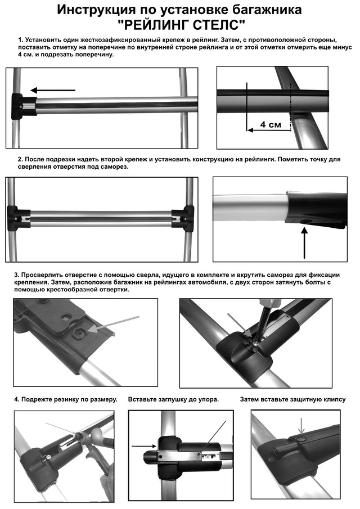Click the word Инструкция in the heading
(100, 10)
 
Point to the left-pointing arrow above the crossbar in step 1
(52, 90)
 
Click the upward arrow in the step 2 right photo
(305, 242)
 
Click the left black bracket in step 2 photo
(21, 215)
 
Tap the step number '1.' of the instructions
(21, 40)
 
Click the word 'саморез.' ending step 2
(114, 167)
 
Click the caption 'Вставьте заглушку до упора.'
(173, 399)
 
